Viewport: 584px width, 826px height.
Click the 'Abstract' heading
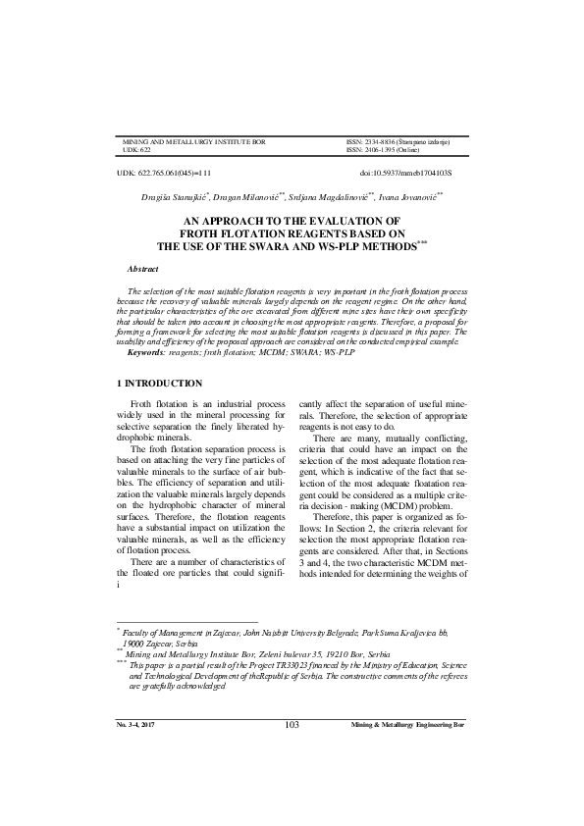coord(143,268)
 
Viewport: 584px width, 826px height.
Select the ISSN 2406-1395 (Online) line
coord(384,150)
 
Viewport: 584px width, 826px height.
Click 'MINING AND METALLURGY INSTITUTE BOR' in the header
coord(193,142)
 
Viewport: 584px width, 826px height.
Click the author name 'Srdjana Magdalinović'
coord(326,196)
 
